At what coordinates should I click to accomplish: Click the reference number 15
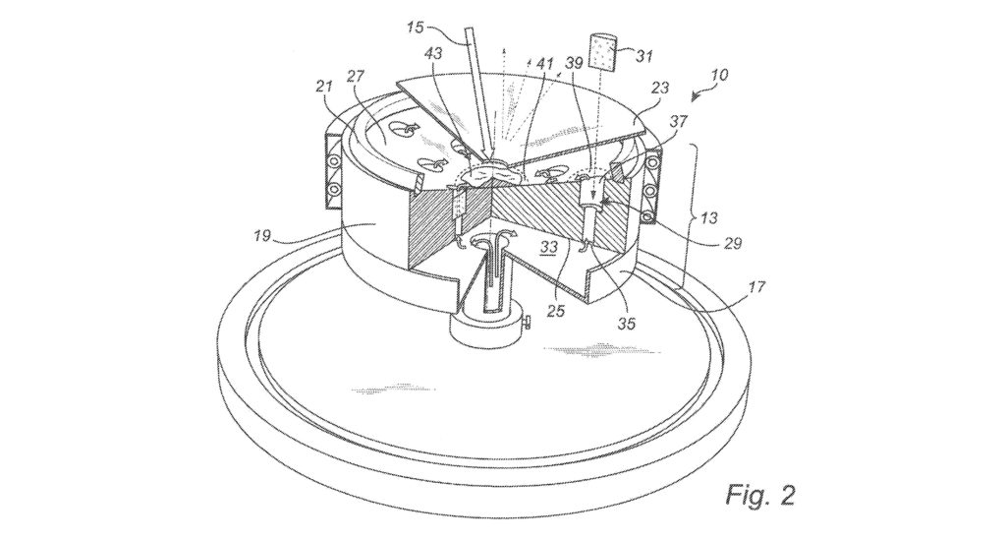416,27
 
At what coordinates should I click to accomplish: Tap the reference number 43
433,53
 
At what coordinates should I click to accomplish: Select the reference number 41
545,63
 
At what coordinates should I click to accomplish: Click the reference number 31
643,56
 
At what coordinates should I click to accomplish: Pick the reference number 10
719,75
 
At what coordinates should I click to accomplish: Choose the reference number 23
659,87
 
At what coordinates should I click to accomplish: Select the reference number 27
355,77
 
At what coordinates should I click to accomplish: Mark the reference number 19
261,236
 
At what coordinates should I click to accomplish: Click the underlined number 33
548,246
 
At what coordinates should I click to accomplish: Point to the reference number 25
556,310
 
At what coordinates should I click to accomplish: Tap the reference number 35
626,323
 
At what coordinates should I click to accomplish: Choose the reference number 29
732,243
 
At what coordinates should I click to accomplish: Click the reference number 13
709,218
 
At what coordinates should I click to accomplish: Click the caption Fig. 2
761,495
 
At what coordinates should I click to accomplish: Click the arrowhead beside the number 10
698,96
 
